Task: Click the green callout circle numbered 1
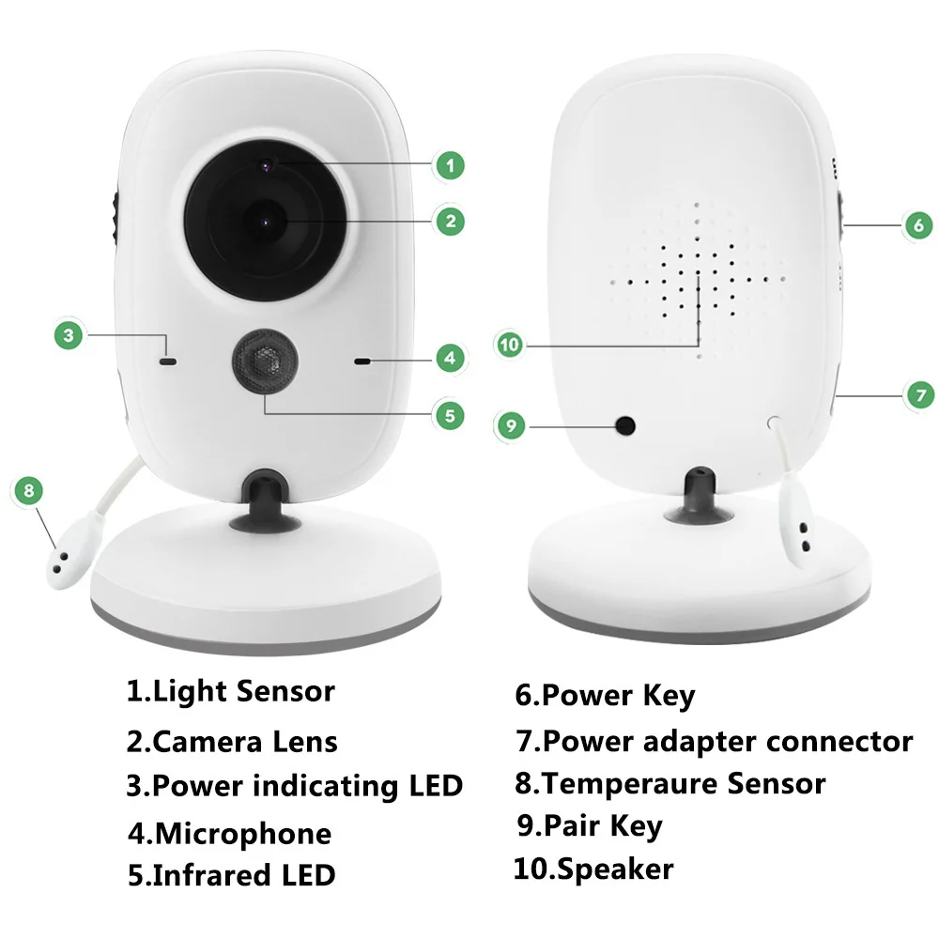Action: pos(450,166)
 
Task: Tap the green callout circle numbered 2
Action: pos(450,221)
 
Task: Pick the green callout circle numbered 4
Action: pos(450,357)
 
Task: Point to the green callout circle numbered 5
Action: pos(450,414)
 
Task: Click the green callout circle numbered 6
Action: pos(917,224)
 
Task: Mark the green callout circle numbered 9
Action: pos(511,425)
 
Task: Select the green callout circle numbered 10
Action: pos(510,346)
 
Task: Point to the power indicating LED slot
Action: pos(168,359)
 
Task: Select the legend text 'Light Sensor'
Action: pos(243,692)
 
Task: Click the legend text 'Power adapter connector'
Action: pos(727,741)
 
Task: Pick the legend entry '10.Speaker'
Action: pos(593,869)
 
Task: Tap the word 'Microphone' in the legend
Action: pos(242,834)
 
